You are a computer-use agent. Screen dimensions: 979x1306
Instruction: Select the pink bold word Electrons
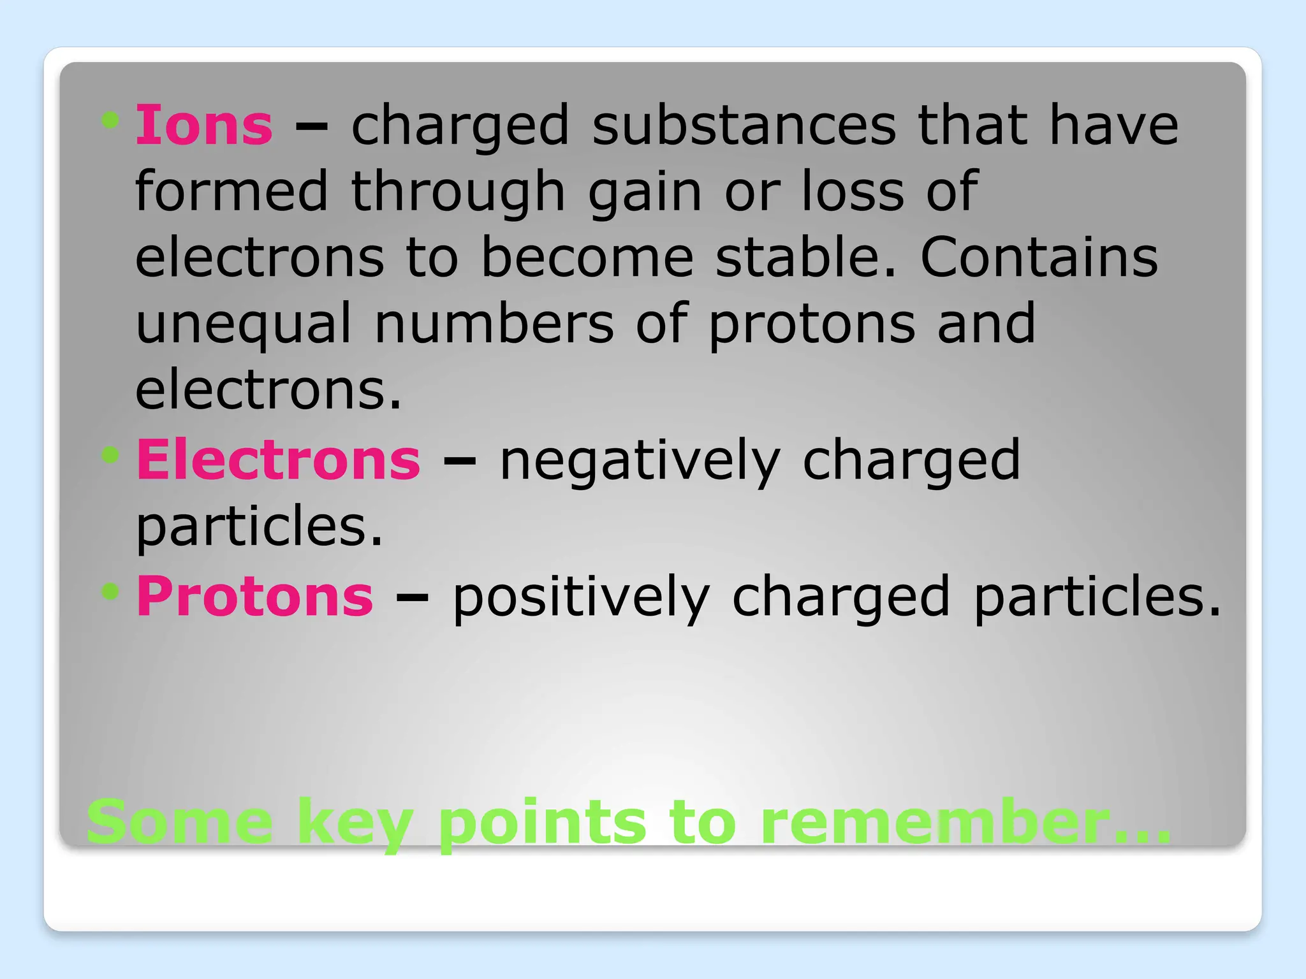coord(279,460)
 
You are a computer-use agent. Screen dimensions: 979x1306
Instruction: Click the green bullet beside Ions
coord(110,120)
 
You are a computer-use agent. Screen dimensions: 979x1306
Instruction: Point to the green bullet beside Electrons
coord(110,454)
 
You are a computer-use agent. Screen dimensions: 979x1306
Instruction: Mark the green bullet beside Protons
coord(110,591)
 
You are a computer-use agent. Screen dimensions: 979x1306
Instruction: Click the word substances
coord(744,126)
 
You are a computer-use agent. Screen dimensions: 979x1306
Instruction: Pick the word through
coord(458,192)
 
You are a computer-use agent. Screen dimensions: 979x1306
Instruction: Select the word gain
coord(645,192)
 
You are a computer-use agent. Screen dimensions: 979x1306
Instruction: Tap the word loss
coord(853,192)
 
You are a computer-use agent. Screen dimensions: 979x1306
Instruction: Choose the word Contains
coord(1039,257)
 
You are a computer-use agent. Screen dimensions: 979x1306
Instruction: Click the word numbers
coord(494,324)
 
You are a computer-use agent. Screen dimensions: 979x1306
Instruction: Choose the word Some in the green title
coord(180,822)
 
